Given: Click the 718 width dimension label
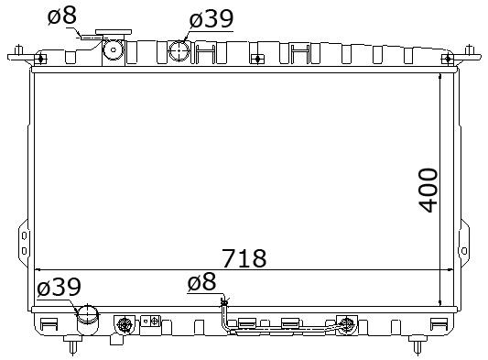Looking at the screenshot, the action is pos(244,258).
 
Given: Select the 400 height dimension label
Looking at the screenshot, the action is pos(428,191).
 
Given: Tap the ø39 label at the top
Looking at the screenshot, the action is pos(211,18).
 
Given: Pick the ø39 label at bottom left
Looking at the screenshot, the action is pos(59,287).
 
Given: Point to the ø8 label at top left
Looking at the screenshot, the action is pos(62,16).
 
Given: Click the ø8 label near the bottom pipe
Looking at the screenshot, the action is pos(201,281).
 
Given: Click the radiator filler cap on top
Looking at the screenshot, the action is pos(114,32).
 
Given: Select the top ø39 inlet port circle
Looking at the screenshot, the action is pos(179,49).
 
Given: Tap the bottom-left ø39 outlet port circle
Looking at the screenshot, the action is pos(88,314).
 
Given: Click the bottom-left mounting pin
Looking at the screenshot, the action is pos(72,344).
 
